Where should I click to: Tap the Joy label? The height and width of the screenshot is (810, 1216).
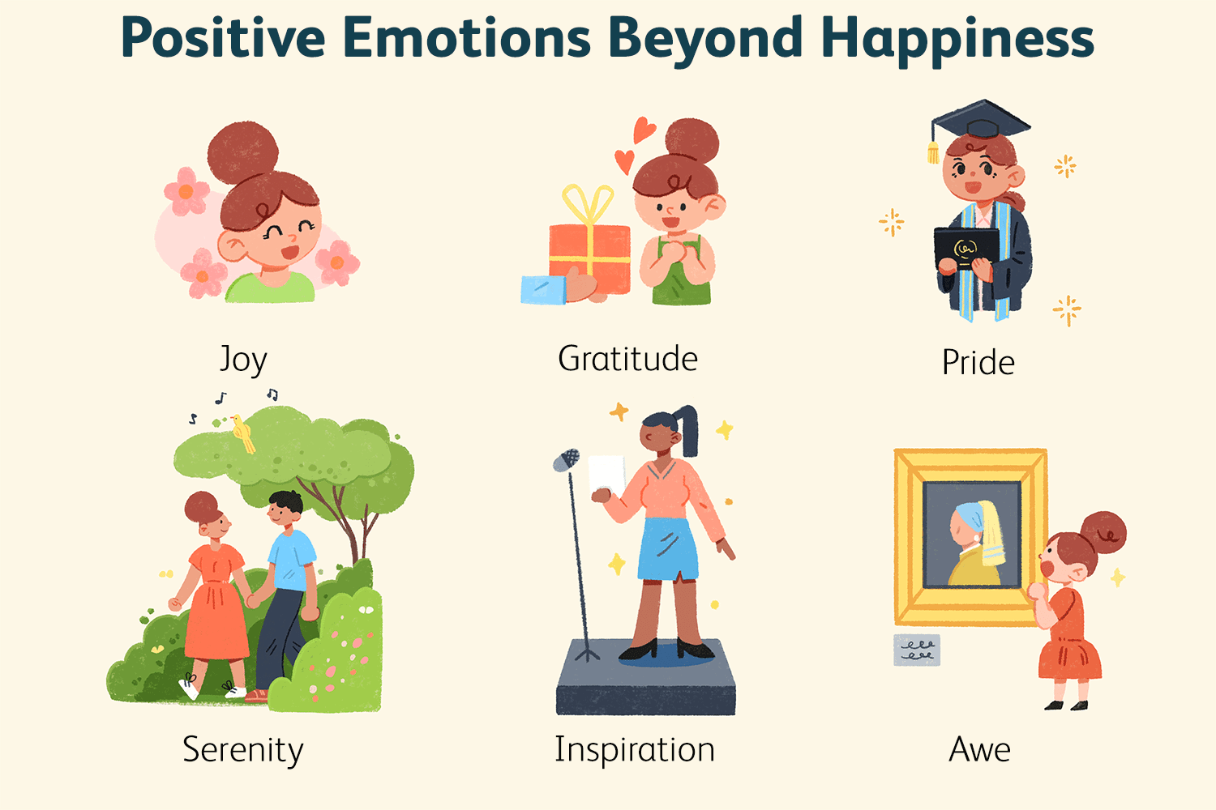[243, 359]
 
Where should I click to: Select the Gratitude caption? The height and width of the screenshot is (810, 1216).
[627, 359]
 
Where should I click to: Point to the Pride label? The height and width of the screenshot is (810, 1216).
[978, 362]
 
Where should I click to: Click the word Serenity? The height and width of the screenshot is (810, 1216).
[242, 750]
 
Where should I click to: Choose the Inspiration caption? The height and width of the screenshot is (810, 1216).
[635, 750]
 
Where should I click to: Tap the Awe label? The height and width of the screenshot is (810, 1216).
[979, 750]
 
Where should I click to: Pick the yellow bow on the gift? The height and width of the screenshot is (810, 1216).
[589, 204]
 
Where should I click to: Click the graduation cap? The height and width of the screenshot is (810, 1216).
[981, 120]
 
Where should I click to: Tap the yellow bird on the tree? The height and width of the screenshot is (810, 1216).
[242, 433]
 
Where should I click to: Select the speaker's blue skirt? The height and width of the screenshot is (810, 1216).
[668, 549]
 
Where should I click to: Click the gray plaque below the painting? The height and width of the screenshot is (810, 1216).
[916, 650]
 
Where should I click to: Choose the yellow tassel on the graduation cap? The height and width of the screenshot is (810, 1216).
[933, 151]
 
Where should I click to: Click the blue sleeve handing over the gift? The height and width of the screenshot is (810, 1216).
[543, 290]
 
